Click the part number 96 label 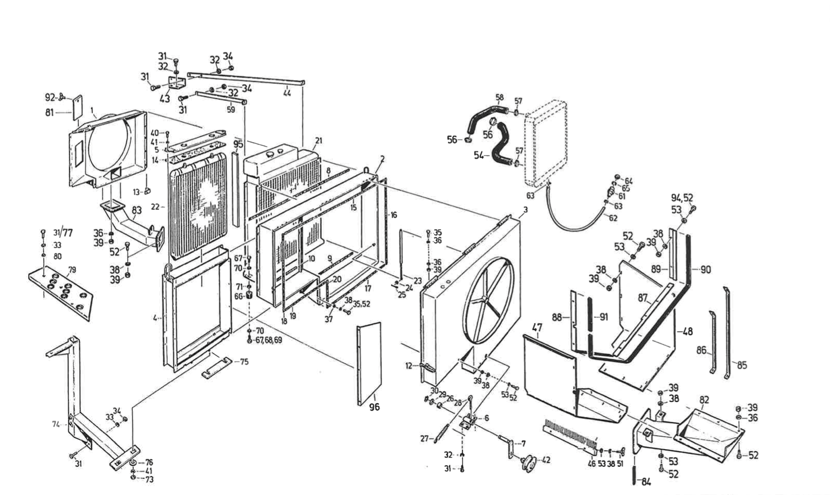pos(374,407)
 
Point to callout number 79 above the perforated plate pos(72,270)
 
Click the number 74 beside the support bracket pos(56,425)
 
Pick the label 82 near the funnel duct pos(704,400)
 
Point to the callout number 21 pos(318,141)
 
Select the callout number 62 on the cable pos(613,218)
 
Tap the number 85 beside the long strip pos(741,365)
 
